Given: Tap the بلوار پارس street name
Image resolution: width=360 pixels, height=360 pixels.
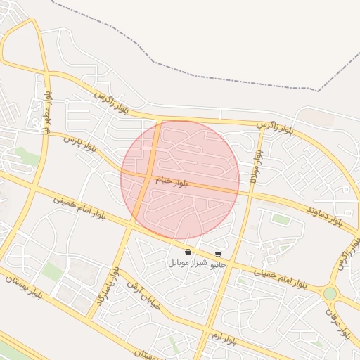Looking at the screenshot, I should [78, 144].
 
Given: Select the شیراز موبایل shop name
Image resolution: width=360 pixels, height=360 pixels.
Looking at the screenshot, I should [188, 262].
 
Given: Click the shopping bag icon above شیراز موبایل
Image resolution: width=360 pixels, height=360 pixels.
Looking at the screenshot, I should [188, 252].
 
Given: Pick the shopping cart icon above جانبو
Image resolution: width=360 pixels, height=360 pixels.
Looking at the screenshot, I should [218, 254].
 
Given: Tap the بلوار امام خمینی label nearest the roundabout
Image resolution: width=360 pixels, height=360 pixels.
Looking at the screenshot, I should [281, 277].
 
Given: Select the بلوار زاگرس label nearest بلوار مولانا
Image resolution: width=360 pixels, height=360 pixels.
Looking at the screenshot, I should [275, 127].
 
